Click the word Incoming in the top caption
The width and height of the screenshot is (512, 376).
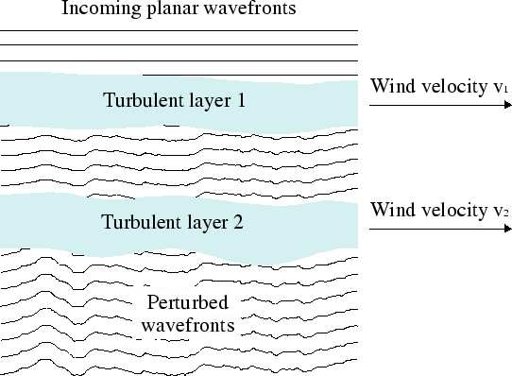[x=97, y=10]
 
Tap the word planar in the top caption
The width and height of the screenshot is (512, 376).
[x=169, y=11]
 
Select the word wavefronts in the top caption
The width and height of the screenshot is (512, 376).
[x=248, y=10]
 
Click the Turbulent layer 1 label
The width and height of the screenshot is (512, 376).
[x=174, y=99]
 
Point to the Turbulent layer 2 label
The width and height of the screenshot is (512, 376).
[x=175, y=223]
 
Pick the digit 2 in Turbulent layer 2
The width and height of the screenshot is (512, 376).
[x=242, y=223]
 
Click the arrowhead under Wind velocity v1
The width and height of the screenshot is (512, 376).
[x=505, y=106]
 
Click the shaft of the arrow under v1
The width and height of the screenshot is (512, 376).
[x=435, y=106]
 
